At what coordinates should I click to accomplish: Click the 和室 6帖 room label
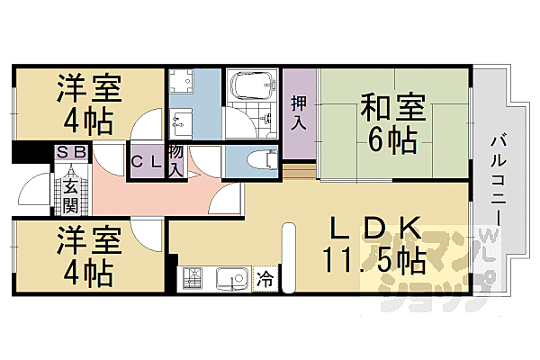tap(388, 122)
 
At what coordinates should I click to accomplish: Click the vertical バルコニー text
tap(498, 180)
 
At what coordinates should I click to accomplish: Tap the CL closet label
tap(145, 163)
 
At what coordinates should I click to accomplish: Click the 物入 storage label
tap(176, 159)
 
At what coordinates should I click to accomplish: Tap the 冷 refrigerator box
tap(265, 279)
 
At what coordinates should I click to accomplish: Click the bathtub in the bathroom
tap(253, 87)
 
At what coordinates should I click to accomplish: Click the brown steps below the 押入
tap(301, 169)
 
